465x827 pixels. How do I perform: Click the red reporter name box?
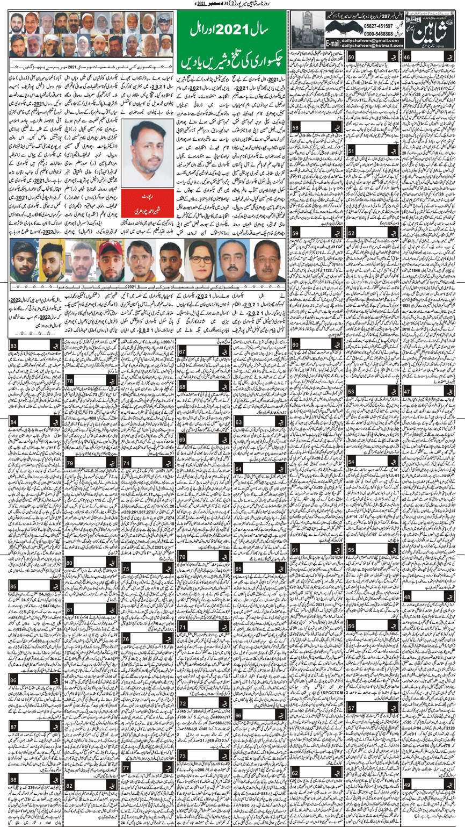click(141, 200)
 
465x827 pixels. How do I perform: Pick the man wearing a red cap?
click(110, 260)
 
